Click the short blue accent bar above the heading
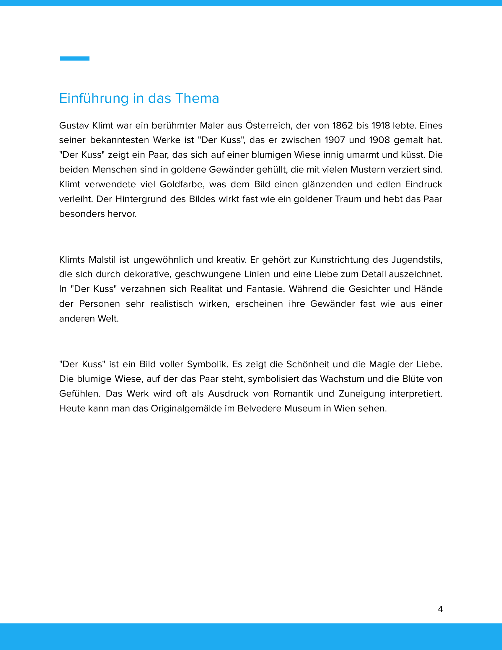[x=75, y=58]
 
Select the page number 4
[x=440, y=609]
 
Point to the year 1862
[x=342, y=125]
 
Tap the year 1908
[x=379, y=140]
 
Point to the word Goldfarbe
[x=182, y=184]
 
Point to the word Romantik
[x=293, y=394]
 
